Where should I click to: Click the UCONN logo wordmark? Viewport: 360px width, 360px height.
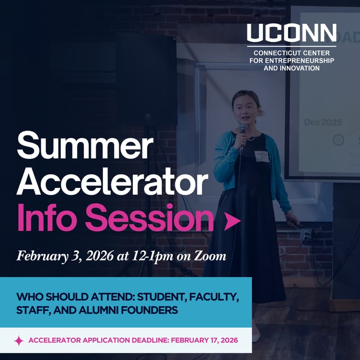291,33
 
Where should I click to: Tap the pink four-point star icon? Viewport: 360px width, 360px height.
19,341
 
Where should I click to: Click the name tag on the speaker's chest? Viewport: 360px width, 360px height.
261,156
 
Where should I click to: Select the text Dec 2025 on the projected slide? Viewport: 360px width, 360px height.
323,122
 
